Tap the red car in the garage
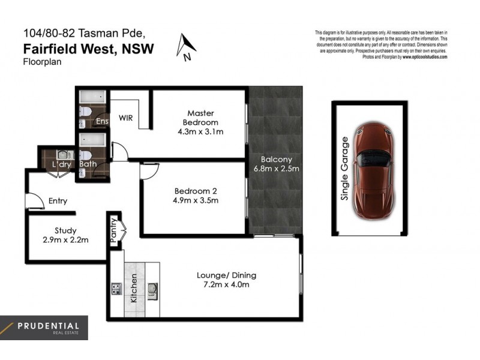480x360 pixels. click(373, 171)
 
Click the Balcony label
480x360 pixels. click(276, 160)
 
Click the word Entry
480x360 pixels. click(59, 201)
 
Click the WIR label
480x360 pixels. click(125, 118)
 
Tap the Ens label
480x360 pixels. click(103, 122)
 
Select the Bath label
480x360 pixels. click(88, 164)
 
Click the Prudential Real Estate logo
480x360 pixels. click(44, 328)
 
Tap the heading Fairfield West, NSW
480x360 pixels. click(88, 49)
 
